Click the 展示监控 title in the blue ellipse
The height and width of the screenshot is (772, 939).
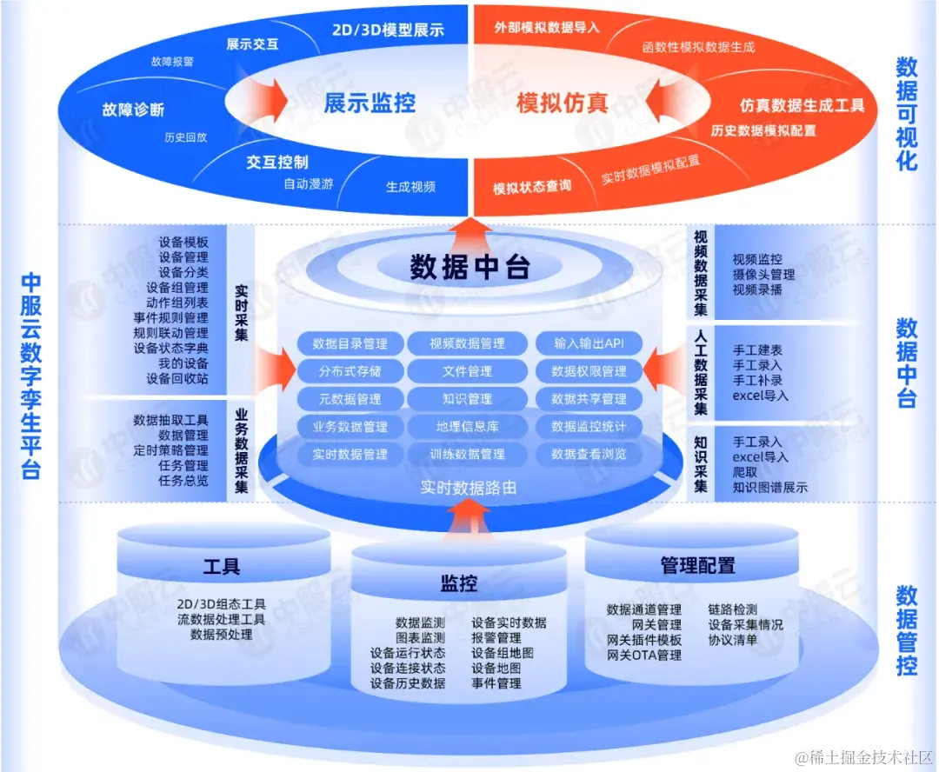370,103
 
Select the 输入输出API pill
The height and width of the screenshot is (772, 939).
589,343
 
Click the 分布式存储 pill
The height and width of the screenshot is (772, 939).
350,371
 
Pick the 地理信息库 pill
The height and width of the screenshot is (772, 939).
467,427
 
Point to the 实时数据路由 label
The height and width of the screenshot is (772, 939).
469,488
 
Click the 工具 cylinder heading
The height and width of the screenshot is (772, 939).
222,567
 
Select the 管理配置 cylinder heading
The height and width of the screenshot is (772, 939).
697,566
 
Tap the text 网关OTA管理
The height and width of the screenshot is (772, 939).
644,656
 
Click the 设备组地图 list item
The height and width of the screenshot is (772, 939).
503,653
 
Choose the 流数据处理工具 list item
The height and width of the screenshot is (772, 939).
222,620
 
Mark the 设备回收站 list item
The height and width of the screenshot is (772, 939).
177,378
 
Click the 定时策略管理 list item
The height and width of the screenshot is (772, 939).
171,450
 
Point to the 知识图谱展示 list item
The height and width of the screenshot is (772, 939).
770,488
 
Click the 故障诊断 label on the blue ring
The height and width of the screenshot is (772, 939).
133,110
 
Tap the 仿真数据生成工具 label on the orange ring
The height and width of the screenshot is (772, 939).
802,105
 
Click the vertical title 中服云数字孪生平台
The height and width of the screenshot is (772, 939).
31,376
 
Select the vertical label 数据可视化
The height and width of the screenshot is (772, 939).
907,114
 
